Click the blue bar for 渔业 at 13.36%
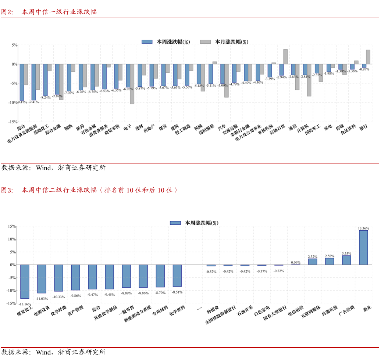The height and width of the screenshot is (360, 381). point(363,247)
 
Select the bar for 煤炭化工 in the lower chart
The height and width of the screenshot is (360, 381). point(25,281)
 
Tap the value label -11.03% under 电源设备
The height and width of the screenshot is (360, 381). point(42,299)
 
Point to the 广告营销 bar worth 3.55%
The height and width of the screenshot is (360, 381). point(346,260)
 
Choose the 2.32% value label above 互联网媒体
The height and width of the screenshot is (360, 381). point(313,256)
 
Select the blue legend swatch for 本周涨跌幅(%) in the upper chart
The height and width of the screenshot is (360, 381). point(147,42)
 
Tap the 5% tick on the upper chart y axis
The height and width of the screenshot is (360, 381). point(14,45)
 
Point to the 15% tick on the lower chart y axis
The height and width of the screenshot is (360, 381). point(12,226)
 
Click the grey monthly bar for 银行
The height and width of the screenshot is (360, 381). point(368,57)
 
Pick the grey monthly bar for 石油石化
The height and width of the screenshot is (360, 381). point(285,57)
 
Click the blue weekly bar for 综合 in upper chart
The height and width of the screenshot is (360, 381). point(22,82)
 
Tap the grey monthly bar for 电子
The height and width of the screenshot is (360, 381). point(132,84)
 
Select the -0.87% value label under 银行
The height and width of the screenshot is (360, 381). point(364,69)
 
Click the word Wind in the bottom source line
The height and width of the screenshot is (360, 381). point(43,352)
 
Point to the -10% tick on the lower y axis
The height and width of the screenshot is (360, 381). point(11,291)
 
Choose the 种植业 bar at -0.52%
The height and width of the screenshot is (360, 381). point(211,265)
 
